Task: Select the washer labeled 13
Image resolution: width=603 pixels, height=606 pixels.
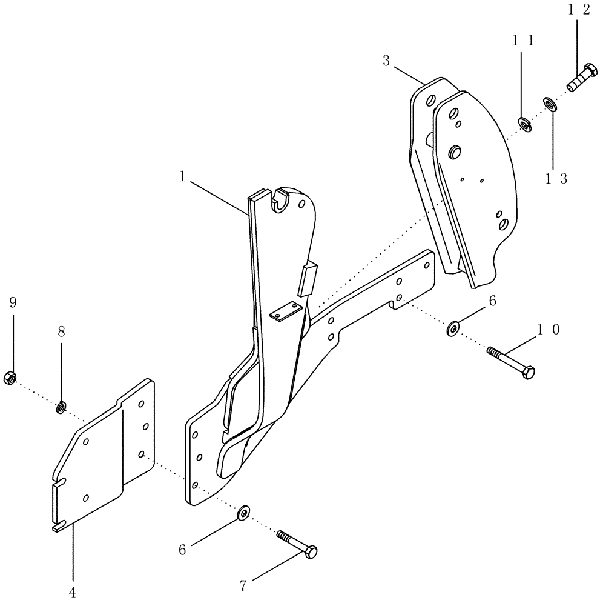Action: point(550,104)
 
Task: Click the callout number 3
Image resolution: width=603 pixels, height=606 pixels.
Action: point(386,60)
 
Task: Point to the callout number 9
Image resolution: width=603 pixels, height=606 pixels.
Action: point(12,302)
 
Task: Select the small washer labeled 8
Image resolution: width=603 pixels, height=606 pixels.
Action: point(61,408)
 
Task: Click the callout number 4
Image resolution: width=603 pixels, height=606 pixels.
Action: point(72,592)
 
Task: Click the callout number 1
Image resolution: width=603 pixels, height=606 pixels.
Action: point(182,176)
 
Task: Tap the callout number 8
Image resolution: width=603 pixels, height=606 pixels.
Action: point(61,332)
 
